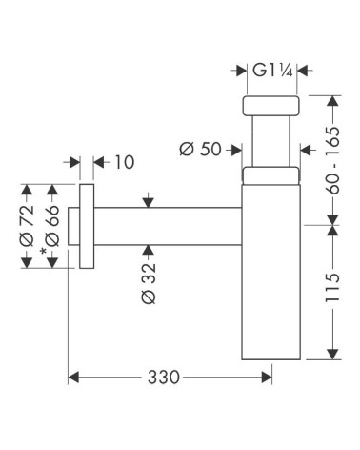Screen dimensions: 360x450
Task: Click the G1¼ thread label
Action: click(x=272, y=71)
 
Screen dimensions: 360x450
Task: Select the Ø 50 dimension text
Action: click(x=200, y=149)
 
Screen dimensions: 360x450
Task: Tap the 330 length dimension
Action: click(x=164, y=378)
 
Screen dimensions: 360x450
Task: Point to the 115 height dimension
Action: click(x=332, y=287)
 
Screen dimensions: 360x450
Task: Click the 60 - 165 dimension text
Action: click(x=332, y=160)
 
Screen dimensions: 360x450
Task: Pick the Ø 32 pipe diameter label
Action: click(x=149, y=282)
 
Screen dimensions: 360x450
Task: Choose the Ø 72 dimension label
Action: click(x=27, y=225)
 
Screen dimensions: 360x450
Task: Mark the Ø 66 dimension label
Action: click(x=52, y=225)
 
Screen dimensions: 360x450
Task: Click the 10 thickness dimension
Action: click(x=124, y=162)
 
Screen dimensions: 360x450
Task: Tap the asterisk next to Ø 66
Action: click(x=43, y=252)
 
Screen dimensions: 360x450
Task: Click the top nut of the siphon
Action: click(x=270, y=106)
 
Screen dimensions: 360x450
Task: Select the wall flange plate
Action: click(x=87, y=226)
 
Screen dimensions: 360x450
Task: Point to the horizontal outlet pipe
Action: click(x=168, y=226)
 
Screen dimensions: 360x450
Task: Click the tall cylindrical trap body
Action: click(x=271, y=272)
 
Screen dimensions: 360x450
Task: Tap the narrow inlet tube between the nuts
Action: click(x=270, y=141)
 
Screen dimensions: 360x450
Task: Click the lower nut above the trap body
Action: click(x=270, y=175)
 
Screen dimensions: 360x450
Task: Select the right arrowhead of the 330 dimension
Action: click(x=267, y=378)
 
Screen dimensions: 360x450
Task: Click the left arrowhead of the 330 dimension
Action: click(x=73, y=378)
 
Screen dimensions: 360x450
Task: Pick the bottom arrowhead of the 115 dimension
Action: click(x=332, y=354)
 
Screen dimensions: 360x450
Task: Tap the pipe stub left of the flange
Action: click(x=74, y=226)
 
